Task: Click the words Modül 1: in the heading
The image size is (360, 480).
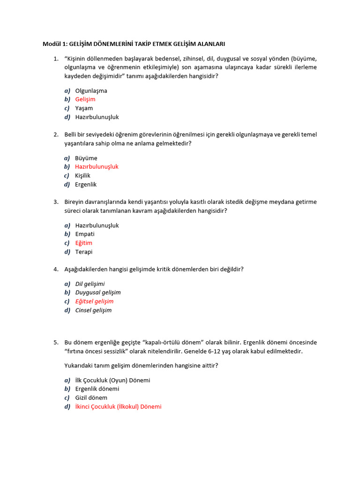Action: coord(55,44)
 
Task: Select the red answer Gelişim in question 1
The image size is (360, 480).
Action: coord(85,99)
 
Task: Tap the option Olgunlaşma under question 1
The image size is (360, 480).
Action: coord(91,90)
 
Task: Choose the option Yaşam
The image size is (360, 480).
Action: coord(84,108)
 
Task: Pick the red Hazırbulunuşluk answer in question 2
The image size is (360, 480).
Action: coord(97,167)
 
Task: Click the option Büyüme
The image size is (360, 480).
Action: coord(86,158)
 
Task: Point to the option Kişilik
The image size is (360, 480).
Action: coord(83,176)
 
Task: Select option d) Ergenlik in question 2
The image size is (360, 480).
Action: coord(86,185)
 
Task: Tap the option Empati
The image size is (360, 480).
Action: coord(85,234)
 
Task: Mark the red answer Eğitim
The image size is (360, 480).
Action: coord(84,243)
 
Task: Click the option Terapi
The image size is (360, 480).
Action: coord(84,252)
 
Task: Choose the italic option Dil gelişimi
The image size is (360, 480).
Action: coord(90,284)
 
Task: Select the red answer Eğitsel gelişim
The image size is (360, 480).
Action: coord(94,301)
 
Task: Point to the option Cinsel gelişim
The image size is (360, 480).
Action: coord(93,310)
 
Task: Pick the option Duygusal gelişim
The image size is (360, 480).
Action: coord(98,292)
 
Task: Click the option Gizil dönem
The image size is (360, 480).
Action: coord(91,398)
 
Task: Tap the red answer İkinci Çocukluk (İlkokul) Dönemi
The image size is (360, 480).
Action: coord(118,407)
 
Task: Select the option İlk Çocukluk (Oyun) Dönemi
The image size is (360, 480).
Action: coord(112,380)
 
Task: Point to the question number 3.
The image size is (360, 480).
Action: coord(56,202)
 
